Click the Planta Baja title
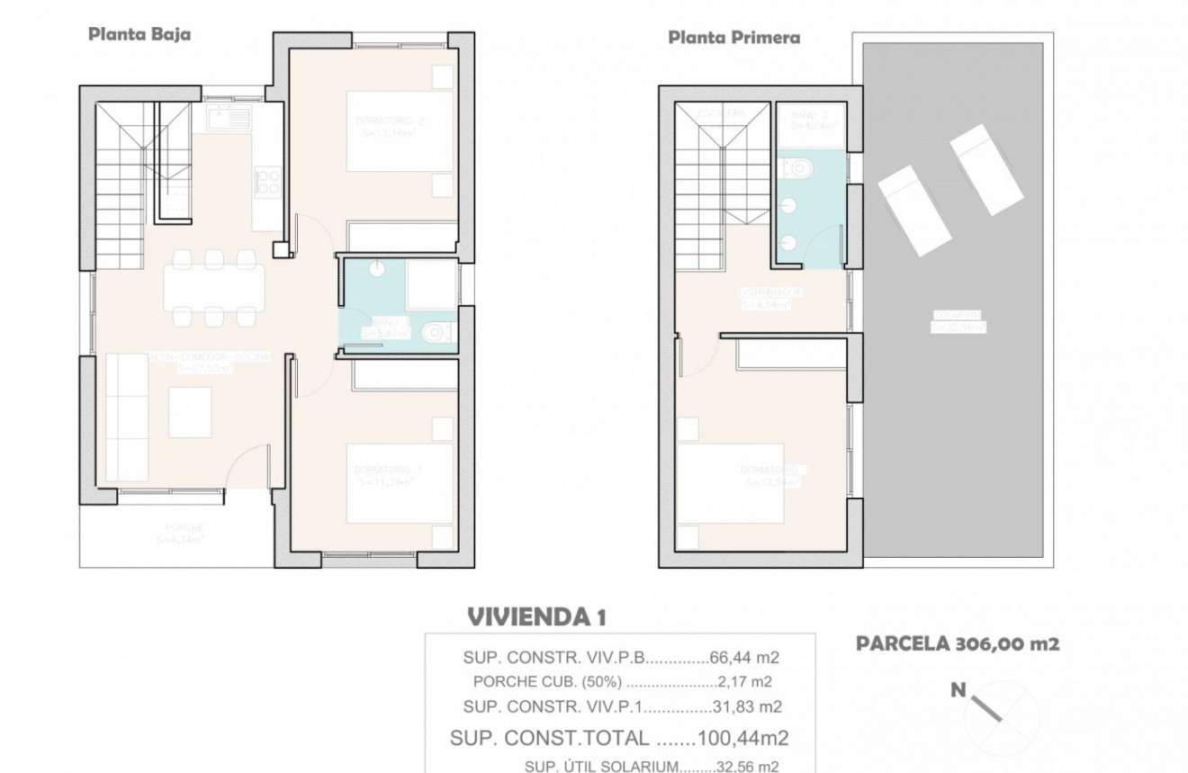click(x=139, y=34)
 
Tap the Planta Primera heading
click(x=733, y=37)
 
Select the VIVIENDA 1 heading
click(x=536, y=616)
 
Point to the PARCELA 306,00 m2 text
click(x=957, y=643)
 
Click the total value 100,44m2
click(x=743, y=739)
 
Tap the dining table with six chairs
click(x=214, y=286)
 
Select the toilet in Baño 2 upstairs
click(x=800, y=167)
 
